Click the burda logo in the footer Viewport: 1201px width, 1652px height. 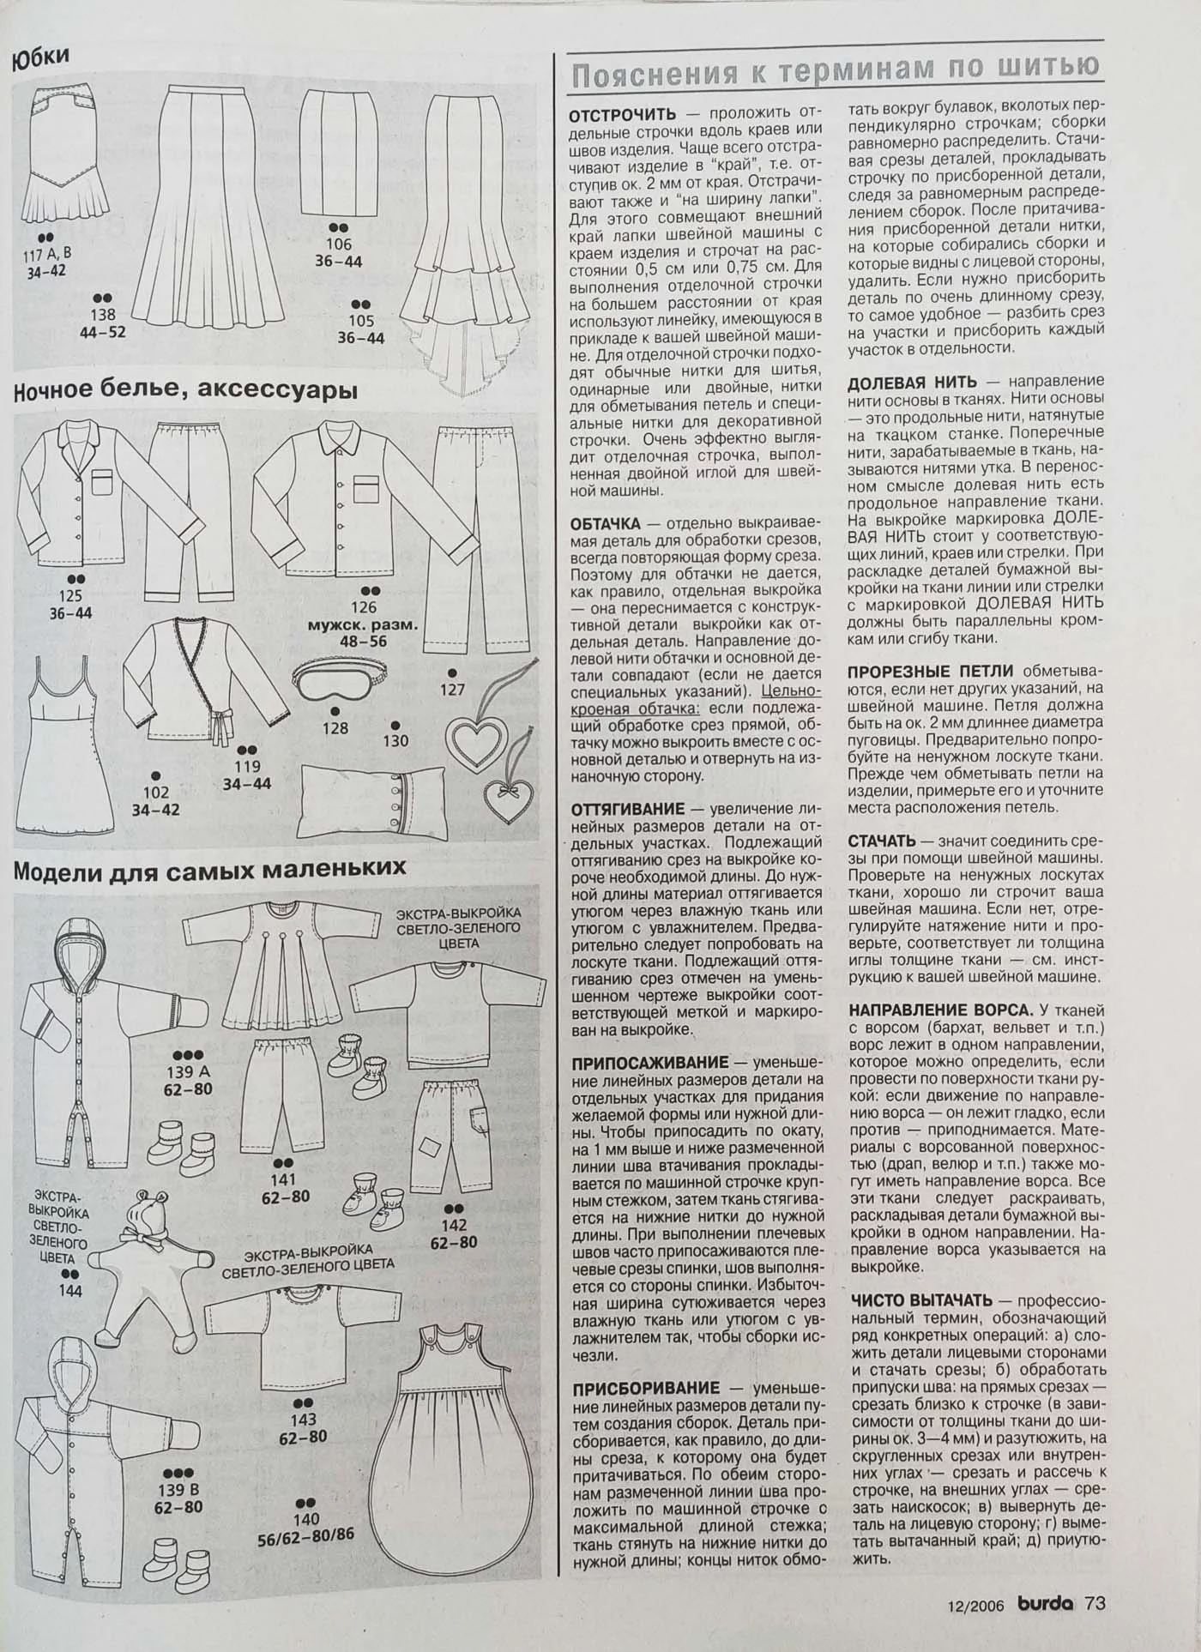tap(1045, 1602)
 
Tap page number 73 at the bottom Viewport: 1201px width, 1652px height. tap(1095, 1602)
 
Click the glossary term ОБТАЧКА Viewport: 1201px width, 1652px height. tap(605, 522)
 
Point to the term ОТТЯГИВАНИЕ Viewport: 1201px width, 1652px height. tap(628, 808)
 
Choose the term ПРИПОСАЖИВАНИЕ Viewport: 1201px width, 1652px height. tap(649, 1063)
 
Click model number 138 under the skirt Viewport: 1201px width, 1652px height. tap(103, 315)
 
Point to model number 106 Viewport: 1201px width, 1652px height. tap(338, 244)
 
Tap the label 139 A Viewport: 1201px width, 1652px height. tap(189, 1072)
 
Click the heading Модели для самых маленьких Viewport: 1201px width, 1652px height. tap(209, 870)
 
